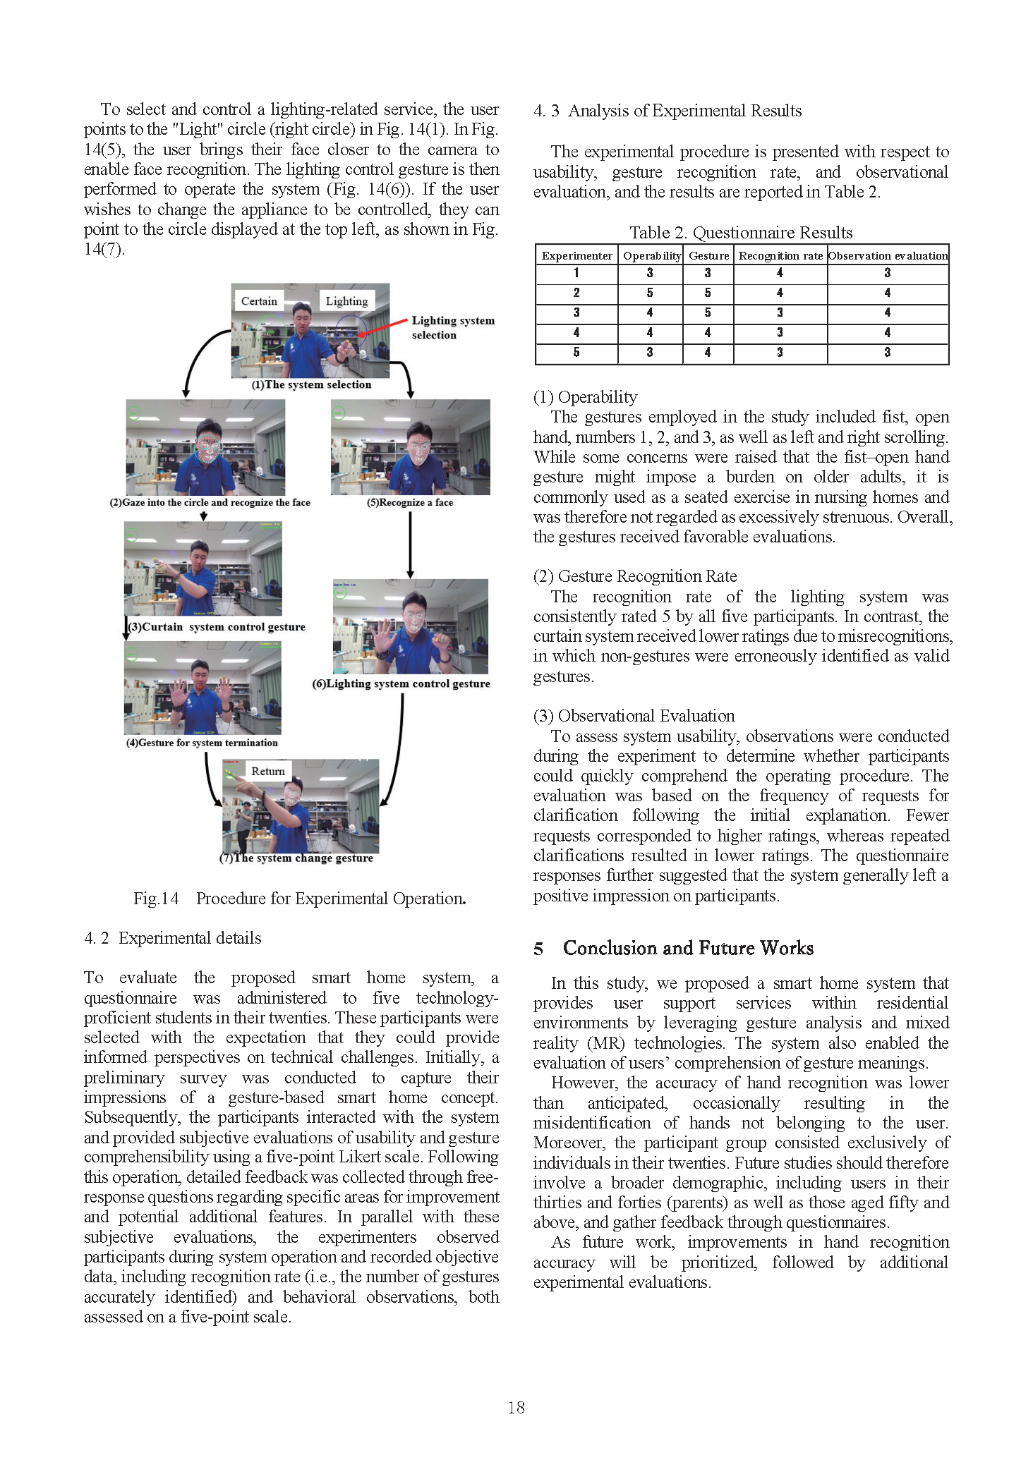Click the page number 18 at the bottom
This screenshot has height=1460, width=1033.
(516, 1407)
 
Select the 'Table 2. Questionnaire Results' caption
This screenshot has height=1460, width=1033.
(741, 233)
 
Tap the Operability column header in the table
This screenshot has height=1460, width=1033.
(651, 255)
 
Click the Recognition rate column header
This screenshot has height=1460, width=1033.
(780, 255)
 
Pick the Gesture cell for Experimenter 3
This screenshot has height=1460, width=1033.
(708, 312)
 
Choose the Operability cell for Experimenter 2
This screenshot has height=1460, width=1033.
(650, 293)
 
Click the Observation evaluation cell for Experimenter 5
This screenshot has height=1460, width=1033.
(888, 352)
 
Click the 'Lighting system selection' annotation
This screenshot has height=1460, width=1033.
(452, 327)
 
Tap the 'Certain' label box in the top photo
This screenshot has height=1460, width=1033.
(259, 301)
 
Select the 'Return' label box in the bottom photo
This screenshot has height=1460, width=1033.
(268, 772)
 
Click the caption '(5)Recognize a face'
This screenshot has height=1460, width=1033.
(410, 502)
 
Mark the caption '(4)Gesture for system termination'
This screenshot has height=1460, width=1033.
(202, 743)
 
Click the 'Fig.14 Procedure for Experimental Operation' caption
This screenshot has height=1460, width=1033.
(299, 899)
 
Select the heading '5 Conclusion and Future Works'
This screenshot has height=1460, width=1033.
(674, 948)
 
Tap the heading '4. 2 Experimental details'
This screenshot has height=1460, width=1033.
(173, 938)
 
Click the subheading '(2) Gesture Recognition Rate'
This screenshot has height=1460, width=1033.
(635, 576)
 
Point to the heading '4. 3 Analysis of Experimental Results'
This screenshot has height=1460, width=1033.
(667, 111)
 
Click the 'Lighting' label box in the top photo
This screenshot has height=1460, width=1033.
(346, 301)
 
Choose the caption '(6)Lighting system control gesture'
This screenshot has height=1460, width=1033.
(401, 683)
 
